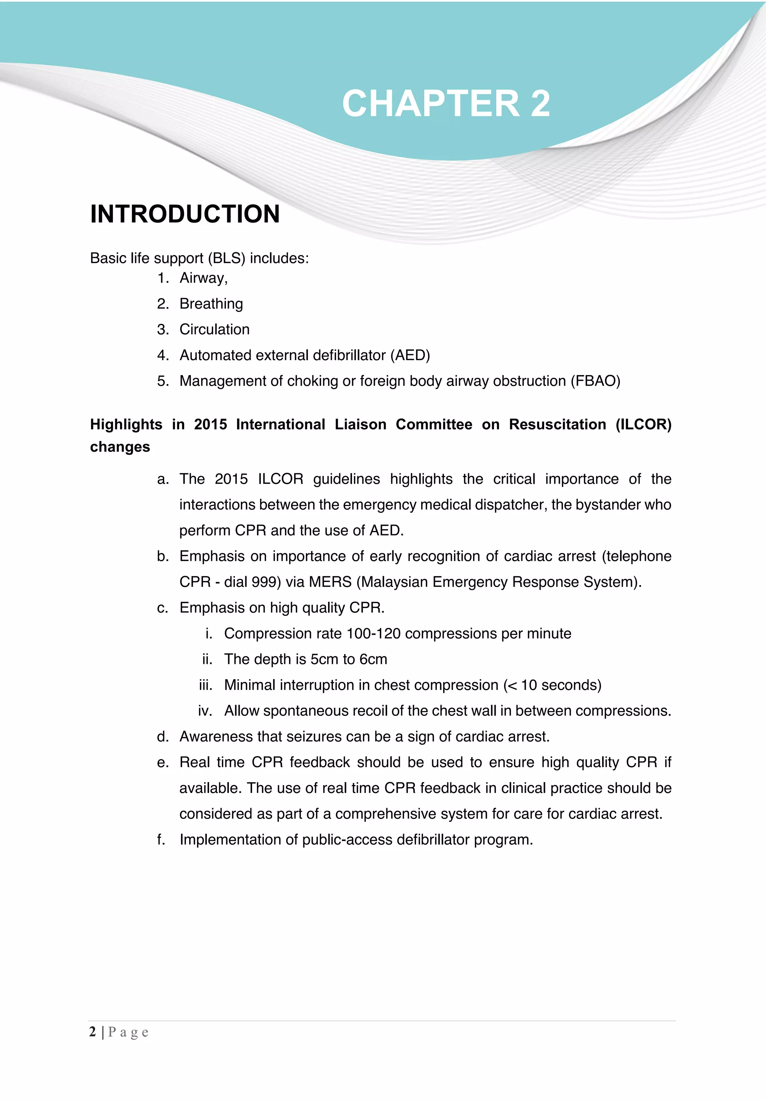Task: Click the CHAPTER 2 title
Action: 446,103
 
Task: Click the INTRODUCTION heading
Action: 185,214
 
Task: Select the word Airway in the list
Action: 202,278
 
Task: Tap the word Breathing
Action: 211,304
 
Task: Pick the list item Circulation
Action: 214,329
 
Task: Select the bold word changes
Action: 120,447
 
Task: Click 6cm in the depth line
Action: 373,660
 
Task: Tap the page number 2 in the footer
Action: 92,1031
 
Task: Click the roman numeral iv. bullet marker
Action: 205,711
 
